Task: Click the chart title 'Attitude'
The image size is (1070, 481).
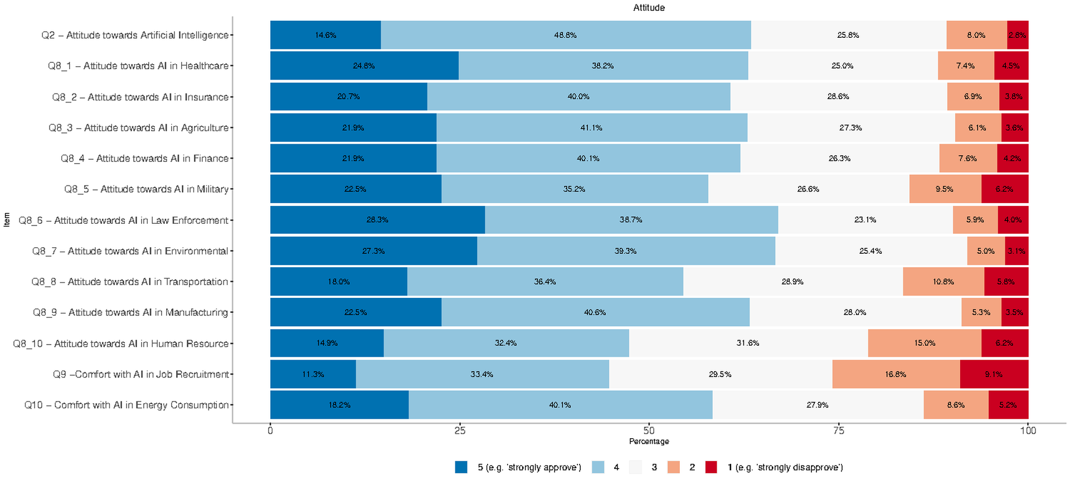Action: (649, 8)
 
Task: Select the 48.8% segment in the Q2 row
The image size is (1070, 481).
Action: (566, 35)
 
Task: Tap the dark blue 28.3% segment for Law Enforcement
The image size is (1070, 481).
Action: (377, 220)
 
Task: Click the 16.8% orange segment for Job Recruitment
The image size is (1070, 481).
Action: (896, 374)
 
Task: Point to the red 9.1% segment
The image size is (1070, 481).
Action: (994, 374)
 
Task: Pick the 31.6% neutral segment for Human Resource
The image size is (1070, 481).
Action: (748, 343)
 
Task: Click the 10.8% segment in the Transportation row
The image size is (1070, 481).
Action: (943, 282)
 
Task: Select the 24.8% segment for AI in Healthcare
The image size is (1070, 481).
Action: (364, 66)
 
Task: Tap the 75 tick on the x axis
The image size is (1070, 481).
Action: (838, 430)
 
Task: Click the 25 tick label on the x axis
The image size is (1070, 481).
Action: (460, 430)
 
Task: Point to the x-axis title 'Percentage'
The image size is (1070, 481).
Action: (649, 441)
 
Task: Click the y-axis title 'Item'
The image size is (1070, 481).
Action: (7, 220)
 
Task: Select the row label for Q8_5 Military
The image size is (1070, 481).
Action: (146, 189)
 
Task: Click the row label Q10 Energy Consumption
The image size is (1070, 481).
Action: (127, 405)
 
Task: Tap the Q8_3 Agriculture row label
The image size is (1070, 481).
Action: (138, 128)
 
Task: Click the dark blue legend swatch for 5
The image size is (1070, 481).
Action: (461, 467)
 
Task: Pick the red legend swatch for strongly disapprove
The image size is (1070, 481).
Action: (711, 467)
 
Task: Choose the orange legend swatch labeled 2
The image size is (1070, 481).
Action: (673, 467)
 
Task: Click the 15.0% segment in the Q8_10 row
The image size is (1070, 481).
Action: (924, 343)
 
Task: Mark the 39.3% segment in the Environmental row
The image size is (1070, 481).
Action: (625, 251)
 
